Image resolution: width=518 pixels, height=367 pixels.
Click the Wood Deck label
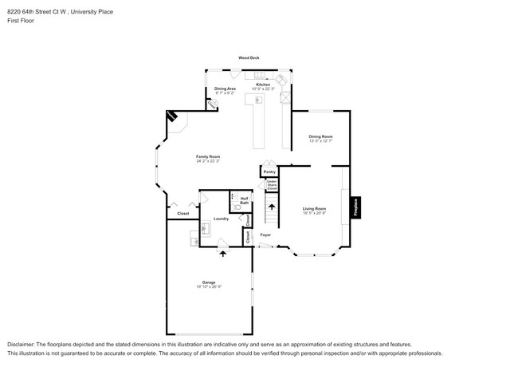pos(249,58)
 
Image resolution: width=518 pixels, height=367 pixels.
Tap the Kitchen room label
pos(263,84)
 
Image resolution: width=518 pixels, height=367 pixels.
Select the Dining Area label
pos(225,89)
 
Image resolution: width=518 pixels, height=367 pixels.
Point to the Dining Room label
pos(320,136)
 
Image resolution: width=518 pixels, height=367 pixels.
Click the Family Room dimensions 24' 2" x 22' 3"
pos(208,161)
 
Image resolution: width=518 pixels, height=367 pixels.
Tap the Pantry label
pos(269,172)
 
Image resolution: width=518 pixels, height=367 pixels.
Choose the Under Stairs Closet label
pos(272,185)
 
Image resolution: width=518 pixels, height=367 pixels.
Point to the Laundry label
pos(222,218)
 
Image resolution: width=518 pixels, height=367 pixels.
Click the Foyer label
pos(265,235)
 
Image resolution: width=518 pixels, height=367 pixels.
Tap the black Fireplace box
pos(355,207)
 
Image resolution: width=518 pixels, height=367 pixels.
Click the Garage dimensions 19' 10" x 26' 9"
pos(208,286)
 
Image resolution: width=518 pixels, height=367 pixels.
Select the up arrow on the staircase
pos(272,209)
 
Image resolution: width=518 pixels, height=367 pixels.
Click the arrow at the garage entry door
pos(222,254)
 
